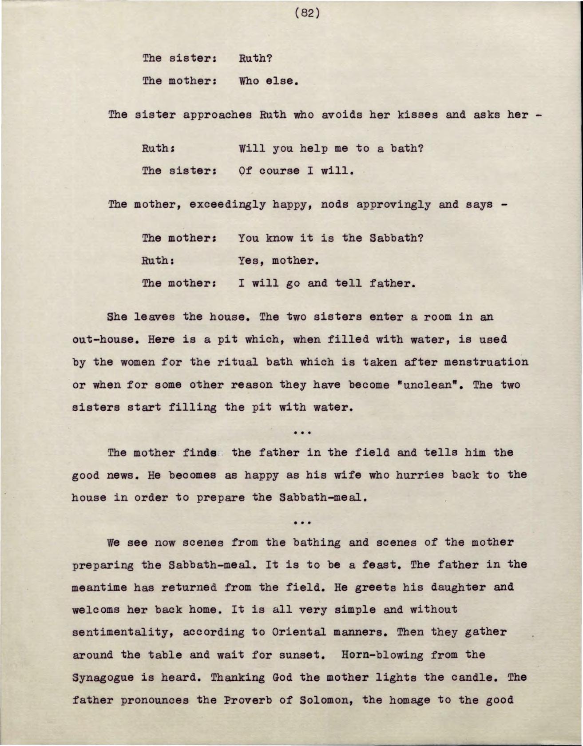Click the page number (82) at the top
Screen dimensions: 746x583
[x=307, y=13]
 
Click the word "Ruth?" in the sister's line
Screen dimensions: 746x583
[x=255, y=58]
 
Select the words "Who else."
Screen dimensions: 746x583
[x=268, y=81]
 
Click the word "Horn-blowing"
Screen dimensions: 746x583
[x=384, y=655]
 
